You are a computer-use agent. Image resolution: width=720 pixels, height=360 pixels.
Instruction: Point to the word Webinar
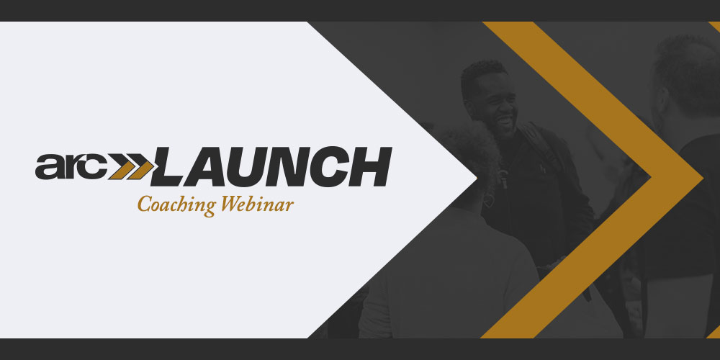(257, 204)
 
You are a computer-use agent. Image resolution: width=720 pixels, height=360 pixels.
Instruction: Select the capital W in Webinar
(230, 204)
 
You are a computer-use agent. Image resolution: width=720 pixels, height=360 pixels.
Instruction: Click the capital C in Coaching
(145, 204)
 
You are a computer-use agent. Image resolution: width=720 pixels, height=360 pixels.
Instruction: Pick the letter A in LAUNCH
(209, 167)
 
